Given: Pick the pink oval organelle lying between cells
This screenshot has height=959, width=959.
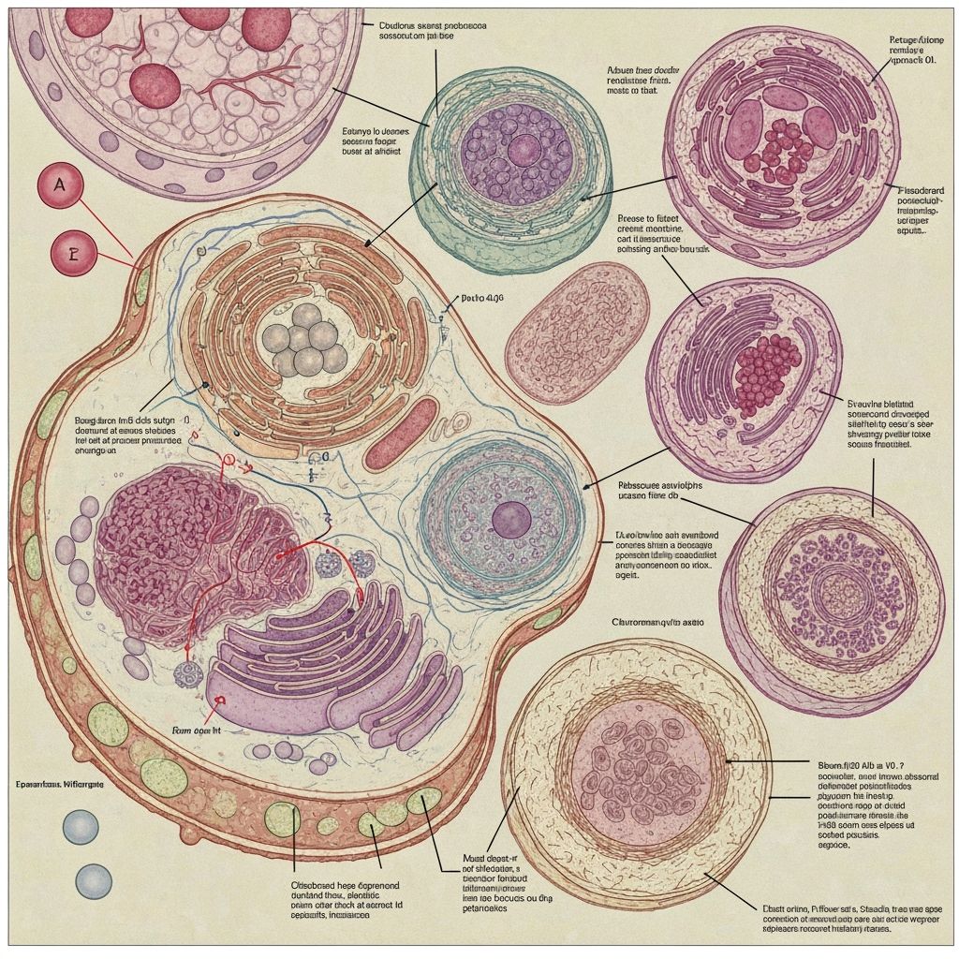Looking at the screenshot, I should [578, 320].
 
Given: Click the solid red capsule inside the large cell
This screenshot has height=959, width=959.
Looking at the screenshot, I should [400, 434].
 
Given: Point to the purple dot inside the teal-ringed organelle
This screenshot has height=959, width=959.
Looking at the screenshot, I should [510, 517].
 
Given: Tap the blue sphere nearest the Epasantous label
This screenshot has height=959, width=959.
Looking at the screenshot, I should [81, 826].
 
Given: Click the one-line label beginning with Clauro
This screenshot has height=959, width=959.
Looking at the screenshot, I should [657, 621].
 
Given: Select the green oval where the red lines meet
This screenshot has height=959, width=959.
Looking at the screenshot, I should [141, 285].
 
